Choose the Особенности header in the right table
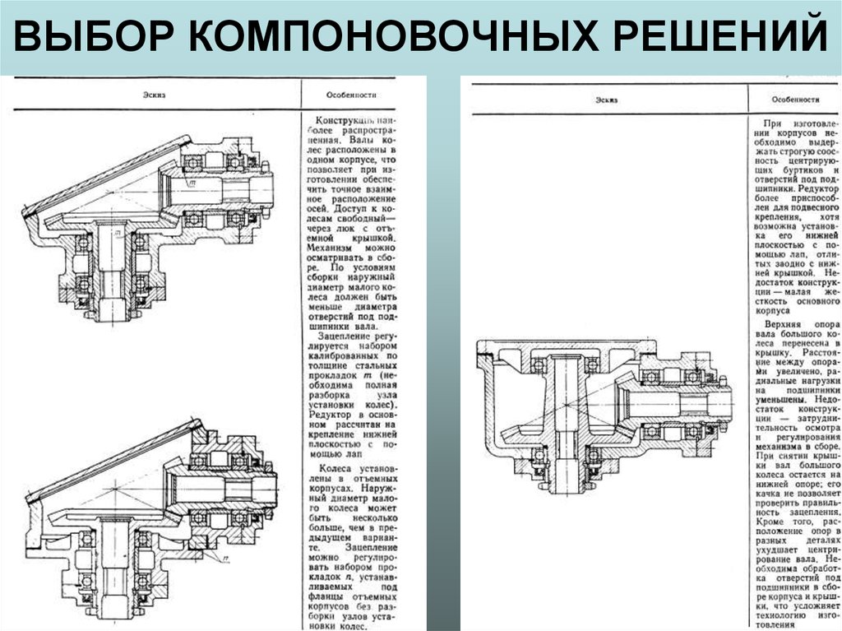click(x=796, y=100)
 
